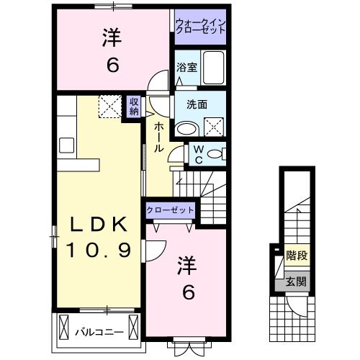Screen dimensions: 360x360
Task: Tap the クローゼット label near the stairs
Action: click(x=171, y=210)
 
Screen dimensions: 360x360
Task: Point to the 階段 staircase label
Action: click(x=295, y=255)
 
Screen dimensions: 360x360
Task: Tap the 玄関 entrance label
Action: click(x=295, y=282)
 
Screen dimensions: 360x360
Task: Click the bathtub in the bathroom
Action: click(x=213, y=69)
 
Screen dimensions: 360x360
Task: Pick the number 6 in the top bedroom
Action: click(x=113, y=66)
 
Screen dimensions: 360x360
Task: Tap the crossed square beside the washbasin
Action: click(x=214, y=127)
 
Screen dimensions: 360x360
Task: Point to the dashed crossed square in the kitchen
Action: click(x=111, y=107)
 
